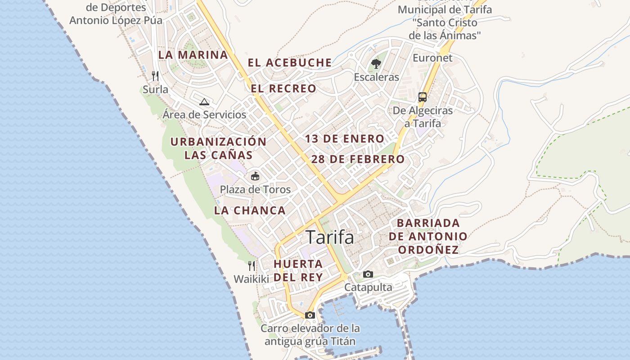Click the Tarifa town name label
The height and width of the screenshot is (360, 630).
[330, 237]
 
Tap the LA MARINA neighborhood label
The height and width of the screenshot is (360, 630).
[193, 55]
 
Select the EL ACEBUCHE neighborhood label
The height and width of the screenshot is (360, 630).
[290, 63]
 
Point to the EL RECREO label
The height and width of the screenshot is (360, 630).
[283, 89]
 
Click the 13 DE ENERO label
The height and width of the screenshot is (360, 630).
[344, 139]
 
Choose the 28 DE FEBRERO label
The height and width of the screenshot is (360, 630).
[358, 159]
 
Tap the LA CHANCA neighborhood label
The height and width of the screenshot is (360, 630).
[250, 210]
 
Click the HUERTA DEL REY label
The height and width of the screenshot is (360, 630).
[298, 270]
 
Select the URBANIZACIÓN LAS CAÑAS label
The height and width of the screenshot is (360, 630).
[218, 148]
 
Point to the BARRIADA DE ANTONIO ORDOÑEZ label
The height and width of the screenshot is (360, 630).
[428, 236]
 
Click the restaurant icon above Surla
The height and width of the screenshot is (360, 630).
[155, 75]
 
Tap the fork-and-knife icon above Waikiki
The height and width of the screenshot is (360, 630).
[252, 265]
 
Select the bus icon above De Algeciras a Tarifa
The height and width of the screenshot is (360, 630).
[423, 97]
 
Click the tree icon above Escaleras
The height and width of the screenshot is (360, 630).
[376, 64]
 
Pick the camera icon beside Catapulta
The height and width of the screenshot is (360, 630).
[368, 274]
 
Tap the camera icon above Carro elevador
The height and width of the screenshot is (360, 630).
[310, 315]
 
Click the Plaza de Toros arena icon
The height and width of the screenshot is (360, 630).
[255, 176]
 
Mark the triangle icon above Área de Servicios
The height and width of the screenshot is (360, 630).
[204, 102]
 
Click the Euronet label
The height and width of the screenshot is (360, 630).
[432, 58]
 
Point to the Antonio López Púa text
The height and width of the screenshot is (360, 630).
[116, 20]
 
